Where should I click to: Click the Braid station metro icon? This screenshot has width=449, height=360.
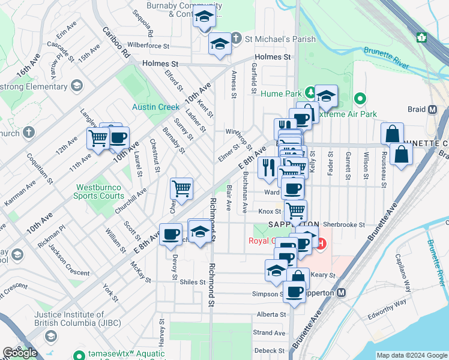click(x=432, y=110)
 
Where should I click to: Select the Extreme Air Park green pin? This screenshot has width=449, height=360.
click(x=360, y=98)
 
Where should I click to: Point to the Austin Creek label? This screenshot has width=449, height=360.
click(x=155, y=107)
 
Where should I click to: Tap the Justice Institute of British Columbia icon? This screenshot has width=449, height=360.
click(x=50, y=335)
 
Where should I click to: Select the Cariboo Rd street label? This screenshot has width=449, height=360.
click(x=116, y=43)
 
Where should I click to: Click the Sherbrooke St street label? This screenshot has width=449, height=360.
click(x=344, y=224)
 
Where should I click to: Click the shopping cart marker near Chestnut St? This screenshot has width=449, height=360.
click(x=181, y=189)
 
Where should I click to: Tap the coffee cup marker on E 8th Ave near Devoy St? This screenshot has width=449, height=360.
click(x=170, y=233)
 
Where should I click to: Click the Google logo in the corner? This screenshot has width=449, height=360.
click(x=20, y=353)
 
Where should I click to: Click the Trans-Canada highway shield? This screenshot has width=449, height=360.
click(x=422, y=37)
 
